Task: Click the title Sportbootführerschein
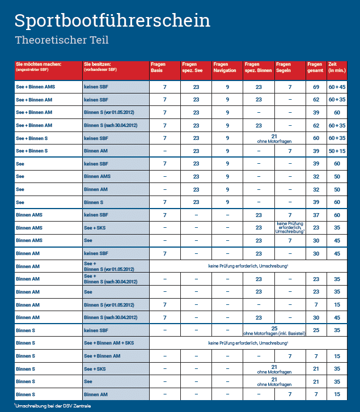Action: (x=112, y=20)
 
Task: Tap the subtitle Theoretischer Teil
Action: (x=61, y=40)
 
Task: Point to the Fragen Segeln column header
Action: (x=283, y=67)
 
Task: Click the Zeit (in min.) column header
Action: (x=337, y=67)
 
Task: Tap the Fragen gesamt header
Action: (x=315, y=67)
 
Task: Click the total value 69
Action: (x=316, y=87)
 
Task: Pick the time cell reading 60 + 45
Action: (x=337, y=87)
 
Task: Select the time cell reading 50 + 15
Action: (x=337, y=151)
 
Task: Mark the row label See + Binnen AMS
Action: (x=36, y=87)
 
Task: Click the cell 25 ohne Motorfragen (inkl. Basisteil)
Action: (x=274, y=330)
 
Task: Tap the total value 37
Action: (x=316, y=215)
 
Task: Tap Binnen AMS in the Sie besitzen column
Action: (x=98, y=176)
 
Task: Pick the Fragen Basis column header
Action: (x=159, y=67)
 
